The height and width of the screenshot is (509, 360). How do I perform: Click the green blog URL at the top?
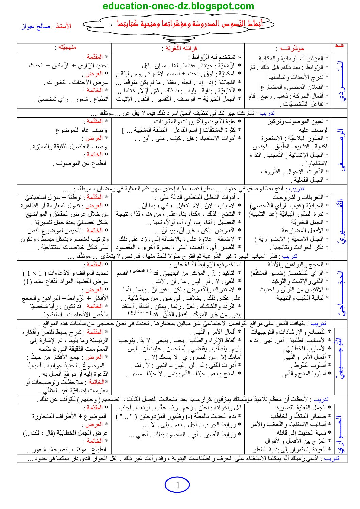tap(178, 6)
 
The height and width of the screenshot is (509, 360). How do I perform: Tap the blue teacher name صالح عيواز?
tap(36, 27)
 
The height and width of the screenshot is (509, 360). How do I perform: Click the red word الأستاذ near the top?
tap(63, 26)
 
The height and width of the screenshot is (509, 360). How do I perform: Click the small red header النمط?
tap(339, 46)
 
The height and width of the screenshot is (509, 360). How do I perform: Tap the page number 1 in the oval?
tap(177, 485)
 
